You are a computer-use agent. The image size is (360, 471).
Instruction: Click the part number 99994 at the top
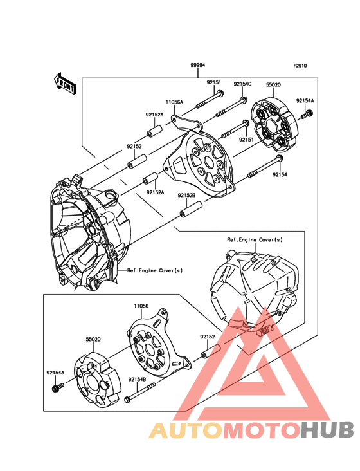point(197,66)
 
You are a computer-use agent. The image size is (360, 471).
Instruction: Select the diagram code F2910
point(300,66)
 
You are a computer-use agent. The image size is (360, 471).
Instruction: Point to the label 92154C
point(242,84)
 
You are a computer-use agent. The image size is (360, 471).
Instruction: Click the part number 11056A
point(174,102)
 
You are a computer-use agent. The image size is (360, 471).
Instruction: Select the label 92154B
point(137,380)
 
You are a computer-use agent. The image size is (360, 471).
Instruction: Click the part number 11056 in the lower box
point(141,306)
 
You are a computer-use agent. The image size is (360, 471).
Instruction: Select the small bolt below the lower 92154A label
point(57,388)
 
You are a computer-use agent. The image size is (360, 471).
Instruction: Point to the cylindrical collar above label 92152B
point(192,210)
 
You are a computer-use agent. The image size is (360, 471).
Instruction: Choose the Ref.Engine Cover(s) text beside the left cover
point(155,271)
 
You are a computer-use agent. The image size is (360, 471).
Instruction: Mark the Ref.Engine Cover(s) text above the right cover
point(255,239)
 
